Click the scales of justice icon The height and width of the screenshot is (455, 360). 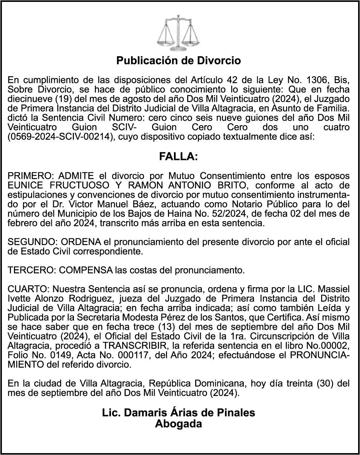(179, 33)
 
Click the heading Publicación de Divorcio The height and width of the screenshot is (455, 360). (178, 60)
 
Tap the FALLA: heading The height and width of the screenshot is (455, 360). (178, 157)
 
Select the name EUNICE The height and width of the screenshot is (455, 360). (26, 185)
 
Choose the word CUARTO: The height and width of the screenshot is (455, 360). (27, 289)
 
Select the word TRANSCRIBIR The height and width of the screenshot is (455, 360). (129, 346)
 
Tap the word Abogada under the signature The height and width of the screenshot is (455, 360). (178, 424)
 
